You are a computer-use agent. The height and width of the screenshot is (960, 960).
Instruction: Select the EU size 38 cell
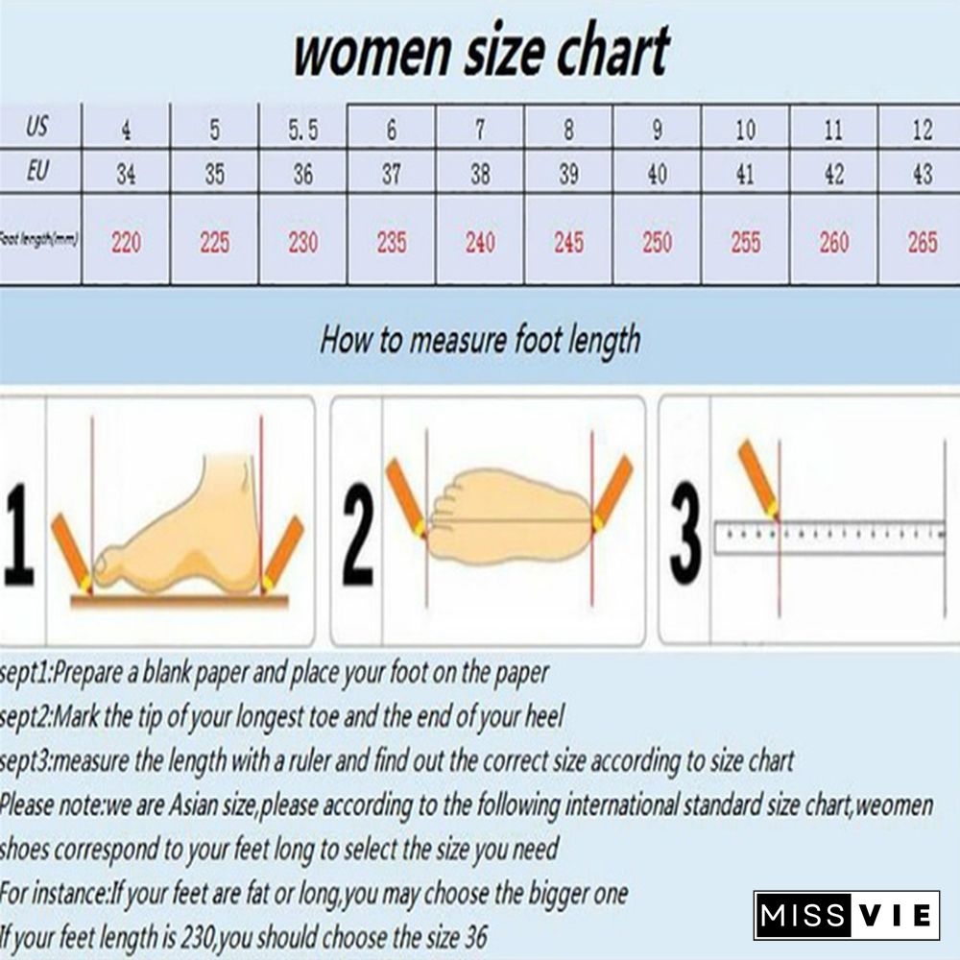pyautogui.click(x=480, y=175)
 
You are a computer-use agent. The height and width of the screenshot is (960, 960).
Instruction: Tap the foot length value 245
pyautogui.click(x=568, y=242)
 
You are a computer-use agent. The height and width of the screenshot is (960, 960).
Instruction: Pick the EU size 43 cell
pyautogui.click(x=922, y=175)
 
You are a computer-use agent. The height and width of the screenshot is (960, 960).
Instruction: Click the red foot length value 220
pyautogui.click(x=126, y=242)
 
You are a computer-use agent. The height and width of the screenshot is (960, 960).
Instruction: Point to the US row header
pyautogui.click(x=37, y=127)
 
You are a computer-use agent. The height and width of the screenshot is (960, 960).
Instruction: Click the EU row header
pyautogui.click(x=37, y=172)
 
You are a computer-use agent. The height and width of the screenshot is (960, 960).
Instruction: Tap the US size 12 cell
pyautogui.click(x=922, y=130)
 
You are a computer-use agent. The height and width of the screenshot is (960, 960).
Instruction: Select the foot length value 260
pyautogui.click(x=833, y=242)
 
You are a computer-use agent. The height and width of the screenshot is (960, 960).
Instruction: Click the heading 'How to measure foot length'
pyautogui.click(x=480, y=339)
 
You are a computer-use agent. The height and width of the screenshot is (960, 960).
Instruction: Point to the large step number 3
pyautogui.click(x=684, y=533)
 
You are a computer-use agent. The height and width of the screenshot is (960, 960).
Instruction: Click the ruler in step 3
pyautogui.click(x=829, y=536)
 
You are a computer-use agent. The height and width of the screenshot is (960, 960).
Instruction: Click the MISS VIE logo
pyautogui.click(x=846, y=915)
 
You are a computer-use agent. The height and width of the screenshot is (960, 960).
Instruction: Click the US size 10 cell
pyautogui.click(x=745, y=130)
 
